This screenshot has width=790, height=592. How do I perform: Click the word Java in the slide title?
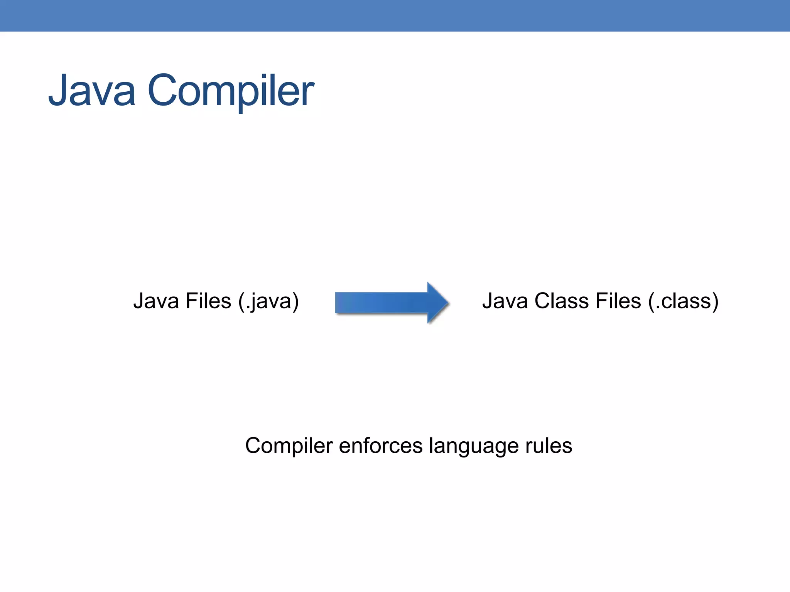coord(92,91)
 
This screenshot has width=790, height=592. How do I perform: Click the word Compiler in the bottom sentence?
coord(289,446)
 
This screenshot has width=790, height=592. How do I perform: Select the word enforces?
coord(381,446)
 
